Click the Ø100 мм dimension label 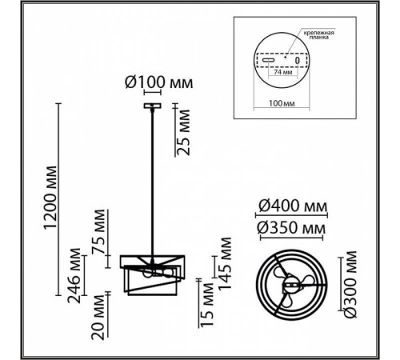158,82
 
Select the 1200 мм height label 50,198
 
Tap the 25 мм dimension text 183,132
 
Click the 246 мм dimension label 74,276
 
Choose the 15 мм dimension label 207,305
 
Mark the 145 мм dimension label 225,263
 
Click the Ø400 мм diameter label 293,206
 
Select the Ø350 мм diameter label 291,228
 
